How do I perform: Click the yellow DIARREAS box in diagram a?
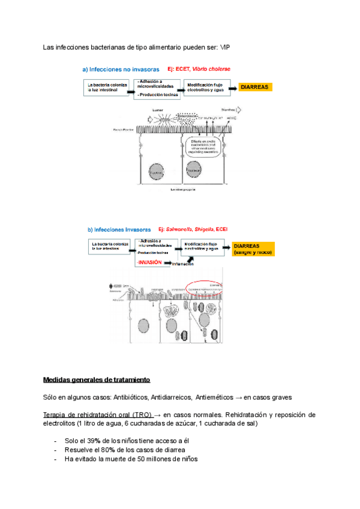(255, 88)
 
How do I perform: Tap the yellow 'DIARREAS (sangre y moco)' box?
(253, 249)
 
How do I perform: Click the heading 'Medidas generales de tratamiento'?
(97, 380)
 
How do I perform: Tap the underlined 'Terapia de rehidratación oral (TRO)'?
(98, 415)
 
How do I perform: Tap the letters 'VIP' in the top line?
(226, 47)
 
